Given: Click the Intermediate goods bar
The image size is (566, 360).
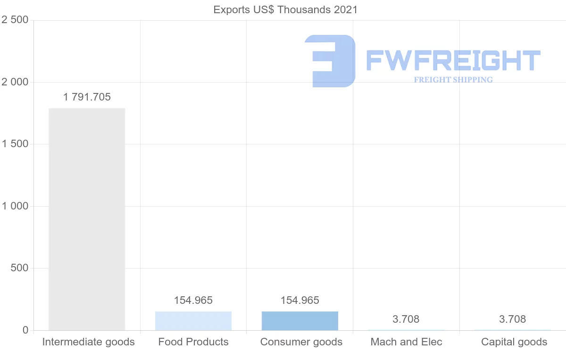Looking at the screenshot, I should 87,219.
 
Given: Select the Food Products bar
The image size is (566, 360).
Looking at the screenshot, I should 193,321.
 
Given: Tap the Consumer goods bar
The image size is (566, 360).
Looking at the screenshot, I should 300,321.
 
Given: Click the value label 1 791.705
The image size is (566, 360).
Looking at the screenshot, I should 87,97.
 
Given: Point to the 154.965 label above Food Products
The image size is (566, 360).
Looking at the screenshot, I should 193,301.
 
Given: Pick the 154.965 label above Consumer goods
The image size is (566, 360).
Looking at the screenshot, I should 300,301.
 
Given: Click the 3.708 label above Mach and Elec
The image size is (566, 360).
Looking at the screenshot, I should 406,319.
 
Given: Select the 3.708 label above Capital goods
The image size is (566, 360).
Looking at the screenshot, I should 513,319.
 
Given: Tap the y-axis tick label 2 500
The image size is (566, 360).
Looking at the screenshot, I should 15,20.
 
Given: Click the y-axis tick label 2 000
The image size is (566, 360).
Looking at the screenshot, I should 15,82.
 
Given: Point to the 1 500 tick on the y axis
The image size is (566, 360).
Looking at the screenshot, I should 15,144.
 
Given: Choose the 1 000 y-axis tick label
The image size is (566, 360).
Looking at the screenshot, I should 15,206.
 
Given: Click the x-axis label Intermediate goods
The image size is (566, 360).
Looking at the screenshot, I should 89,342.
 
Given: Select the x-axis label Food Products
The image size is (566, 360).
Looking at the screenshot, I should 193,342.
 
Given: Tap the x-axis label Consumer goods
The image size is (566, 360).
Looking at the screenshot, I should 301,342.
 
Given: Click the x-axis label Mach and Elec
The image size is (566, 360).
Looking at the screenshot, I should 407,342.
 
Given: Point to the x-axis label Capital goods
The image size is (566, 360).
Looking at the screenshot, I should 514,342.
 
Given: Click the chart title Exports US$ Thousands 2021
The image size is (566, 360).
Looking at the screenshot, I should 285,10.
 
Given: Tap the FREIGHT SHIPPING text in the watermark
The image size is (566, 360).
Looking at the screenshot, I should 453,80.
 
